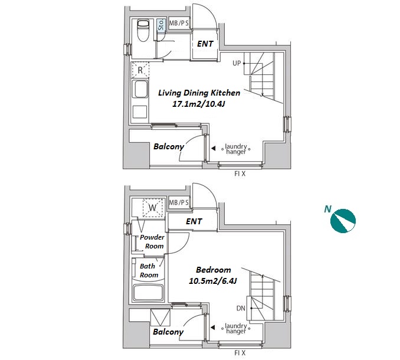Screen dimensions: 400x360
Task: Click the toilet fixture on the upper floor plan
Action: pos(143,30)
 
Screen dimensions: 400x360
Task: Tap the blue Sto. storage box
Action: pos(160,25)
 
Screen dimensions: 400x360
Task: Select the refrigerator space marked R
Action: pos(140,70)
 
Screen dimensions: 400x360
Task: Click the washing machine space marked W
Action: pos(153,208)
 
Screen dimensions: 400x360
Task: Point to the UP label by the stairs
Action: pos(237,63)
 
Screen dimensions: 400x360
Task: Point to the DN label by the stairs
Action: pos(241,308)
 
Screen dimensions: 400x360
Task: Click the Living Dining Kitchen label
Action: pos(199,93)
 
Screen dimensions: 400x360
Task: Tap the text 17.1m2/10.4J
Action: pos(198,104)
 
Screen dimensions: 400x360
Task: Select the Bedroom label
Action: pos(213,270)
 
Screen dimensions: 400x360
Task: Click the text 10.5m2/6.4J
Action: pos(213,281)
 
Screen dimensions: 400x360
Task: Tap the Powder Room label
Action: pos(153,241)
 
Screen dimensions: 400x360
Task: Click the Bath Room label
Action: pos(149,270)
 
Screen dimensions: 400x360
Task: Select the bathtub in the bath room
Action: pos(148,293)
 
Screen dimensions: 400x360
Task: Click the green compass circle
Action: pos(343,221)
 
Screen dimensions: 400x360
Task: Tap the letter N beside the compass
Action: pos(327,210)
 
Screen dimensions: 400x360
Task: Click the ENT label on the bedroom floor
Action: pos(194,221)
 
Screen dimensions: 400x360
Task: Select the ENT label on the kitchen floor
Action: pos(205,44)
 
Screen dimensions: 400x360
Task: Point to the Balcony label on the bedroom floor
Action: pos(168,332)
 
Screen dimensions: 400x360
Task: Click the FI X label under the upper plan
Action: pos(240,174)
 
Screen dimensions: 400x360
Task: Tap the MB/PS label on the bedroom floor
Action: pos(179,203)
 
